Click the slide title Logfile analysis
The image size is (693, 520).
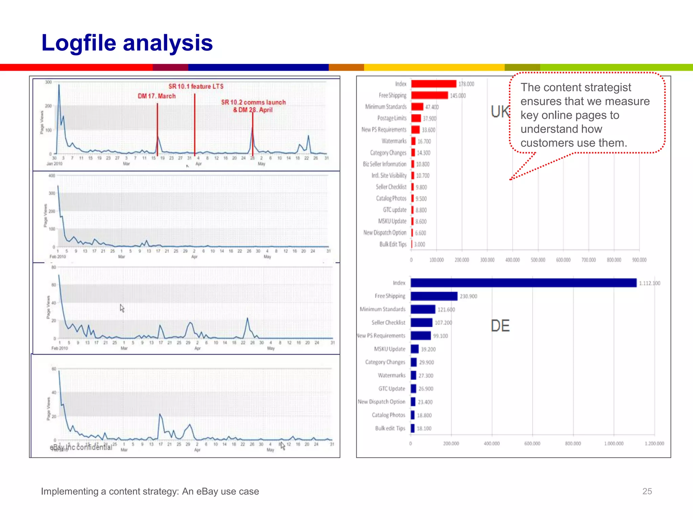point(127,43)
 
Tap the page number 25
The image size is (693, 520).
point(647,491)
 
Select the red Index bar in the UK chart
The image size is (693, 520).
point(433,84)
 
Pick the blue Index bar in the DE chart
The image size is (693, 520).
point(523,283)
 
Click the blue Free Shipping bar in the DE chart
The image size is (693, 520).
point(434,296)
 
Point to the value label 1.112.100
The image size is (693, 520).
point(649,283)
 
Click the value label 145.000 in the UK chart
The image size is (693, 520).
point(458,96)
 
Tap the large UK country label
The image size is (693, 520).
point(500,112)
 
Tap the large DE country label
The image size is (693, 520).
point(500,326)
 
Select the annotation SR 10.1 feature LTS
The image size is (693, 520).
point(196,87)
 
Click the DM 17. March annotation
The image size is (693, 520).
point(157,96)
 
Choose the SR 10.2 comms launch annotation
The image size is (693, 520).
point(253,102)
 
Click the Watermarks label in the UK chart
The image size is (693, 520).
point(394,141)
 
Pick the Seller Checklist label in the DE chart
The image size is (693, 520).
point(388,323)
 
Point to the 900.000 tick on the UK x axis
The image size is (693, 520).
point(639,260)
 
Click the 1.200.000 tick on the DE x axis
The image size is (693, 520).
point(654,443)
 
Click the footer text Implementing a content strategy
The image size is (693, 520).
point(150,491)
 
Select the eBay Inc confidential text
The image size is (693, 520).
point(81,447)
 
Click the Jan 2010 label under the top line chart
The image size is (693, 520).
point(54,164)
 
